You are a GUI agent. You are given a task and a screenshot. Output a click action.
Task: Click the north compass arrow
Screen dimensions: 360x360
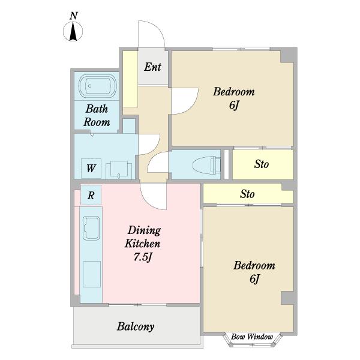(x=73, y=32)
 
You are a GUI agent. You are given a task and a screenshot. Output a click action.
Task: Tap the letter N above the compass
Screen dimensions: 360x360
(x=73, y=16)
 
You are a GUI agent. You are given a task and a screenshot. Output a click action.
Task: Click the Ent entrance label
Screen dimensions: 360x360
(x=152, y=67)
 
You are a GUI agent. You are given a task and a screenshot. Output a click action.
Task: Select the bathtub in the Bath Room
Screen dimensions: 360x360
(x=98, y=86)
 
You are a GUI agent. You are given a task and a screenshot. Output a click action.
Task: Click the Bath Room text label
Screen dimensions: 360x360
(x=97, y=115)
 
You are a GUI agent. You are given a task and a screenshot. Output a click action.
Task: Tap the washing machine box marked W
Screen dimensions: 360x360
(x=91, y=168)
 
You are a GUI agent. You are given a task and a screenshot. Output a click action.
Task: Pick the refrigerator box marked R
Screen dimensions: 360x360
(x=91, y=195)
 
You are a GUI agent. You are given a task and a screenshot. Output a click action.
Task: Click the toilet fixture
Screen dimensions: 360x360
(x=206, y=164)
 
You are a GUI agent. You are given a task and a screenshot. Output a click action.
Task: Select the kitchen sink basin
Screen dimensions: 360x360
(x=91, y=228)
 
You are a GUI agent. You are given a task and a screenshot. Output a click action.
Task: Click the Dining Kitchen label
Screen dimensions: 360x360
(x=143, y=237)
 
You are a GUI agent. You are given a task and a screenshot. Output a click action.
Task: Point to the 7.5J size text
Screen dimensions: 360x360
(x=143, y=257)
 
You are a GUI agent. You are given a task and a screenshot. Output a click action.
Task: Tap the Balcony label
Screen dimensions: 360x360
(x=136, y=326)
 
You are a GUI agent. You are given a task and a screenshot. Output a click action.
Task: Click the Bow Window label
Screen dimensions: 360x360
(x=252, y=337)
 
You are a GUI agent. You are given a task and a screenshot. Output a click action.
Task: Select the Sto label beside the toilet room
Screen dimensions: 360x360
(x=261, y=164)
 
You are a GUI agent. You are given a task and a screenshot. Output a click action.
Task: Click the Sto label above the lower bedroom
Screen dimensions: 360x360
(x=247, y=194)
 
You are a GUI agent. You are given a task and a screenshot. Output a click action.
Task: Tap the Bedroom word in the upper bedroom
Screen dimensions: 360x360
(x=234, y=92)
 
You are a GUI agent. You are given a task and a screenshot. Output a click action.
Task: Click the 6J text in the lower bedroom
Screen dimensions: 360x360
(x=254, y=279)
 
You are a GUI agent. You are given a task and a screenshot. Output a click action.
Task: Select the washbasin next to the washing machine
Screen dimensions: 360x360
(x=119, y=170)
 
